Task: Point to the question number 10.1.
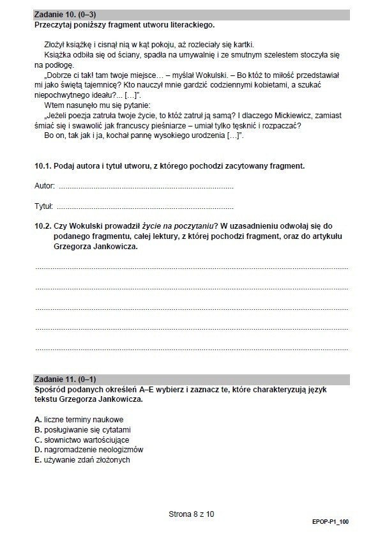point(43,166)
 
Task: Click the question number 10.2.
point(43,226)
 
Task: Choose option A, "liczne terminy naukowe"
point(80,419)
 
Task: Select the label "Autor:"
point(45,187)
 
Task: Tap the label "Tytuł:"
point(43,208)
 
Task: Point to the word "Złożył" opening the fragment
point(55,44)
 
